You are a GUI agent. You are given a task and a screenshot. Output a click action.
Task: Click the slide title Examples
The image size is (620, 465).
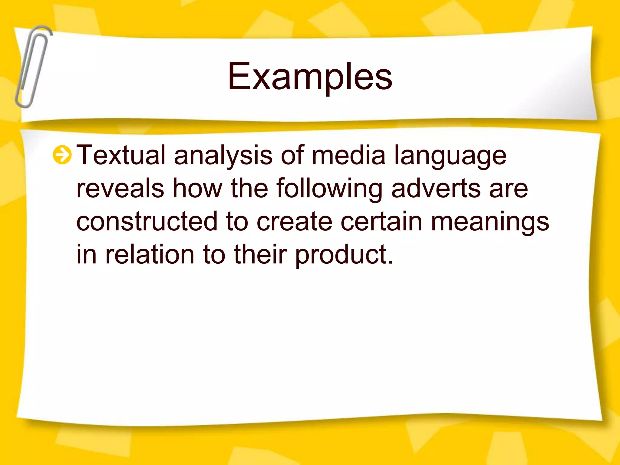pyautogui.click(x=310, y=76)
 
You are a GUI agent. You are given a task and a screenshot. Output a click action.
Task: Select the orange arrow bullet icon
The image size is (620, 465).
pyautogui.click(x=62, y=155)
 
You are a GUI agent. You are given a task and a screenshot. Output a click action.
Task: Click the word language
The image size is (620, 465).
pyautogui.click(x=450, y=156)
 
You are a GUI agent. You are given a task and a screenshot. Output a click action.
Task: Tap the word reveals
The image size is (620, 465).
pyautogui.click(x=120, y=188)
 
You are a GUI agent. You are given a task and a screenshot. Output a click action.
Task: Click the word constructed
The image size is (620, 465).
pyautogui.click(x=147, y=221)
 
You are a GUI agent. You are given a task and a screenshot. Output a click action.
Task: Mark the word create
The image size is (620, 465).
pyautogui.click(x=295, y=221)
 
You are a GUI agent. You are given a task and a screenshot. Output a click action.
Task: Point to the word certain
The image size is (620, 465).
pyautogui.click(x=381, y=221)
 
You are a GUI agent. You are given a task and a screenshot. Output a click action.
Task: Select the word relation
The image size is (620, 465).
pyautogui.click(x=150, y=254)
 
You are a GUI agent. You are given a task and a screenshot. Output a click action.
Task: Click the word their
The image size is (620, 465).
pyautogui.click(x=260, y=254)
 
